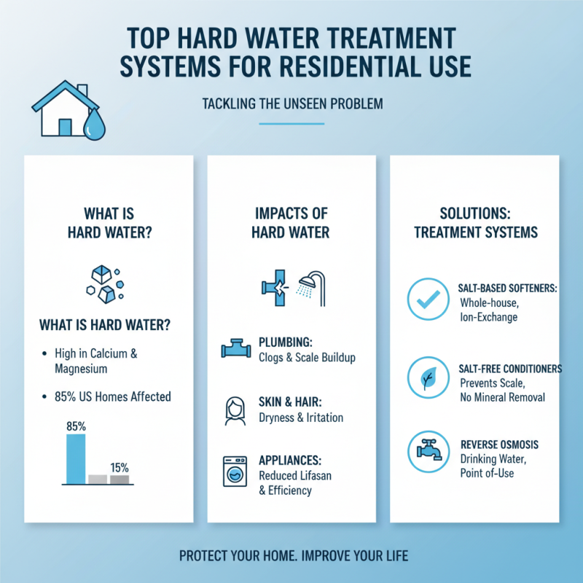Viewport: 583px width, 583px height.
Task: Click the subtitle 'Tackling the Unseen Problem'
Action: pos(291,104)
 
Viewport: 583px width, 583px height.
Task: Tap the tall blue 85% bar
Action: pos(76,458)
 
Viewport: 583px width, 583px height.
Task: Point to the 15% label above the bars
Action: pos(120,467)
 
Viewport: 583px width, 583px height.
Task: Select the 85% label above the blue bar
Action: pos(77,426)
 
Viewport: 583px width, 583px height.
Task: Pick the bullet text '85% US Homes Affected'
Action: pos(112,396)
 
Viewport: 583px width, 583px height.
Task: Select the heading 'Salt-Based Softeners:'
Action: pos(508,289)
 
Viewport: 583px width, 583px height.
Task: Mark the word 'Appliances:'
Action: pos(291,461)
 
